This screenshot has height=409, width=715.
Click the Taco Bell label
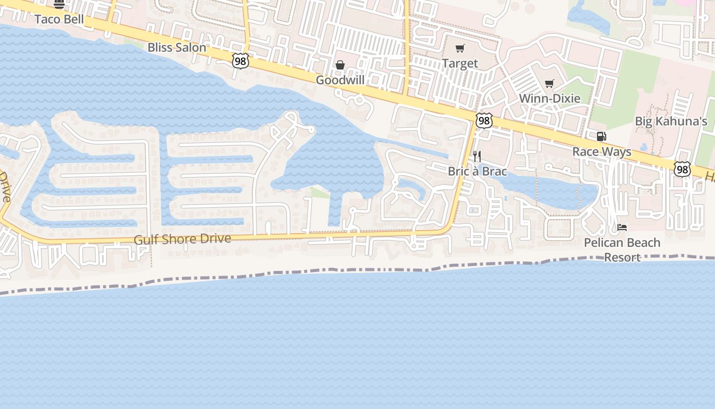pyautogui.click(x=59, y=19)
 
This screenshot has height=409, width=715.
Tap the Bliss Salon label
pyautogui.click(x=177, y=48)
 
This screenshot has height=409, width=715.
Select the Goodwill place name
pyautogui.click(x=340, y=80)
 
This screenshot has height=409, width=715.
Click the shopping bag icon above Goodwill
pyautogui.click(x=340, y=65)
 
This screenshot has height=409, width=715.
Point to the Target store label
pyautogui.click(x=460, y=63)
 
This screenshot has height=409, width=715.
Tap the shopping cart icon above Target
pyautogui.click(x=460, y=49)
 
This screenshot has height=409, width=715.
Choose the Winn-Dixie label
pyautogui.click(x=550, y=98)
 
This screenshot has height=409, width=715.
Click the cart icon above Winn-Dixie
pyautogui.click(x=550, y=83)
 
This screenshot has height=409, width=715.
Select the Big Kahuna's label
pyautogui.click(x=671, y=121)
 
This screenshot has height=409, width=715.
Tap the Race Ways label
pyautogui.click(x=602, y=152)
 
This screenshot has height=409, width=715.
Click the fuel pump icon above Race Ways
pyautogui.click(x=602, y=137)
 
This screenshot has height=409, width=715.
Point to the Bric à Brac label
pyautogui.click(x=477, y=171)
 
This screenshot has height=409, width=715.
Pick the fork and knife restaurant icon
pyautogui.click(x=477, y=156)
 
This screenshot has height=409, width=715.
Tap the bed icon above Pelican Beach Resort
pyautogui.click(x=622, y=227)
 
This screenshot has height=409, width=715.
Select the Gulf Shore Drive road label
pyautogui.click(x=182, y=239)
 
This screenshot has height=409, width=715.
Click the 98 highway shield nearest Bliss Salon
pyautogui.click(x=240, y=61)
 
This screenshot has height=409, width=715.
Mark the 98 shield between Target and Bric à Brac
pyautogui.click(x=484, y=121)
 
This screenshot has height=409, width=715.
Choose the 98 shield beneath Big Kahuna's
pyautogui.click(x=682, y=169)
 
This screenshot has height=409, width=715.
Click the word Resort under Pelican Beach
pyautogui.click(x=622, y=257)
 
